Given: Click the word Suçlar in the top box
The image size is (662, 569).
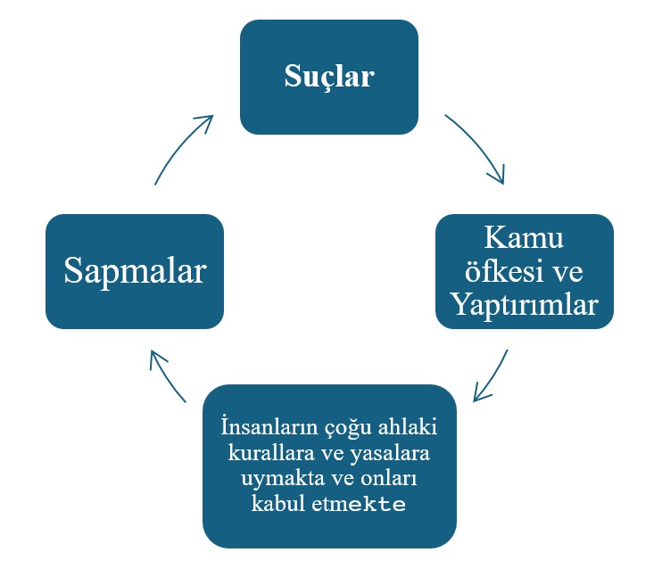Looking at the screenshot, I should [329, 77].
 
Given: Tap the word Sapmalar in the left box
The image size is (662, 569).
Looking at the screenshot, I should [135, 271].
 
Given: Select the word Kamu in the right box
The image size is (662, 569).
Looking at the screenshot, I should [525, 239].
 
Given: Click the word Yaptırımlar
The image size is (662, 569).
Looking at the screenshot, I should [525, 305].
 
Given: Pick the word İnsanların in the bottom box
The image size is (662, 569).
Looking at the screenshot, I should [263, 426].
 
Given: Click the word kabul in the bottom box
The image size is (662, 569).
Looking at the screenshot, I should [277, 504].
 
